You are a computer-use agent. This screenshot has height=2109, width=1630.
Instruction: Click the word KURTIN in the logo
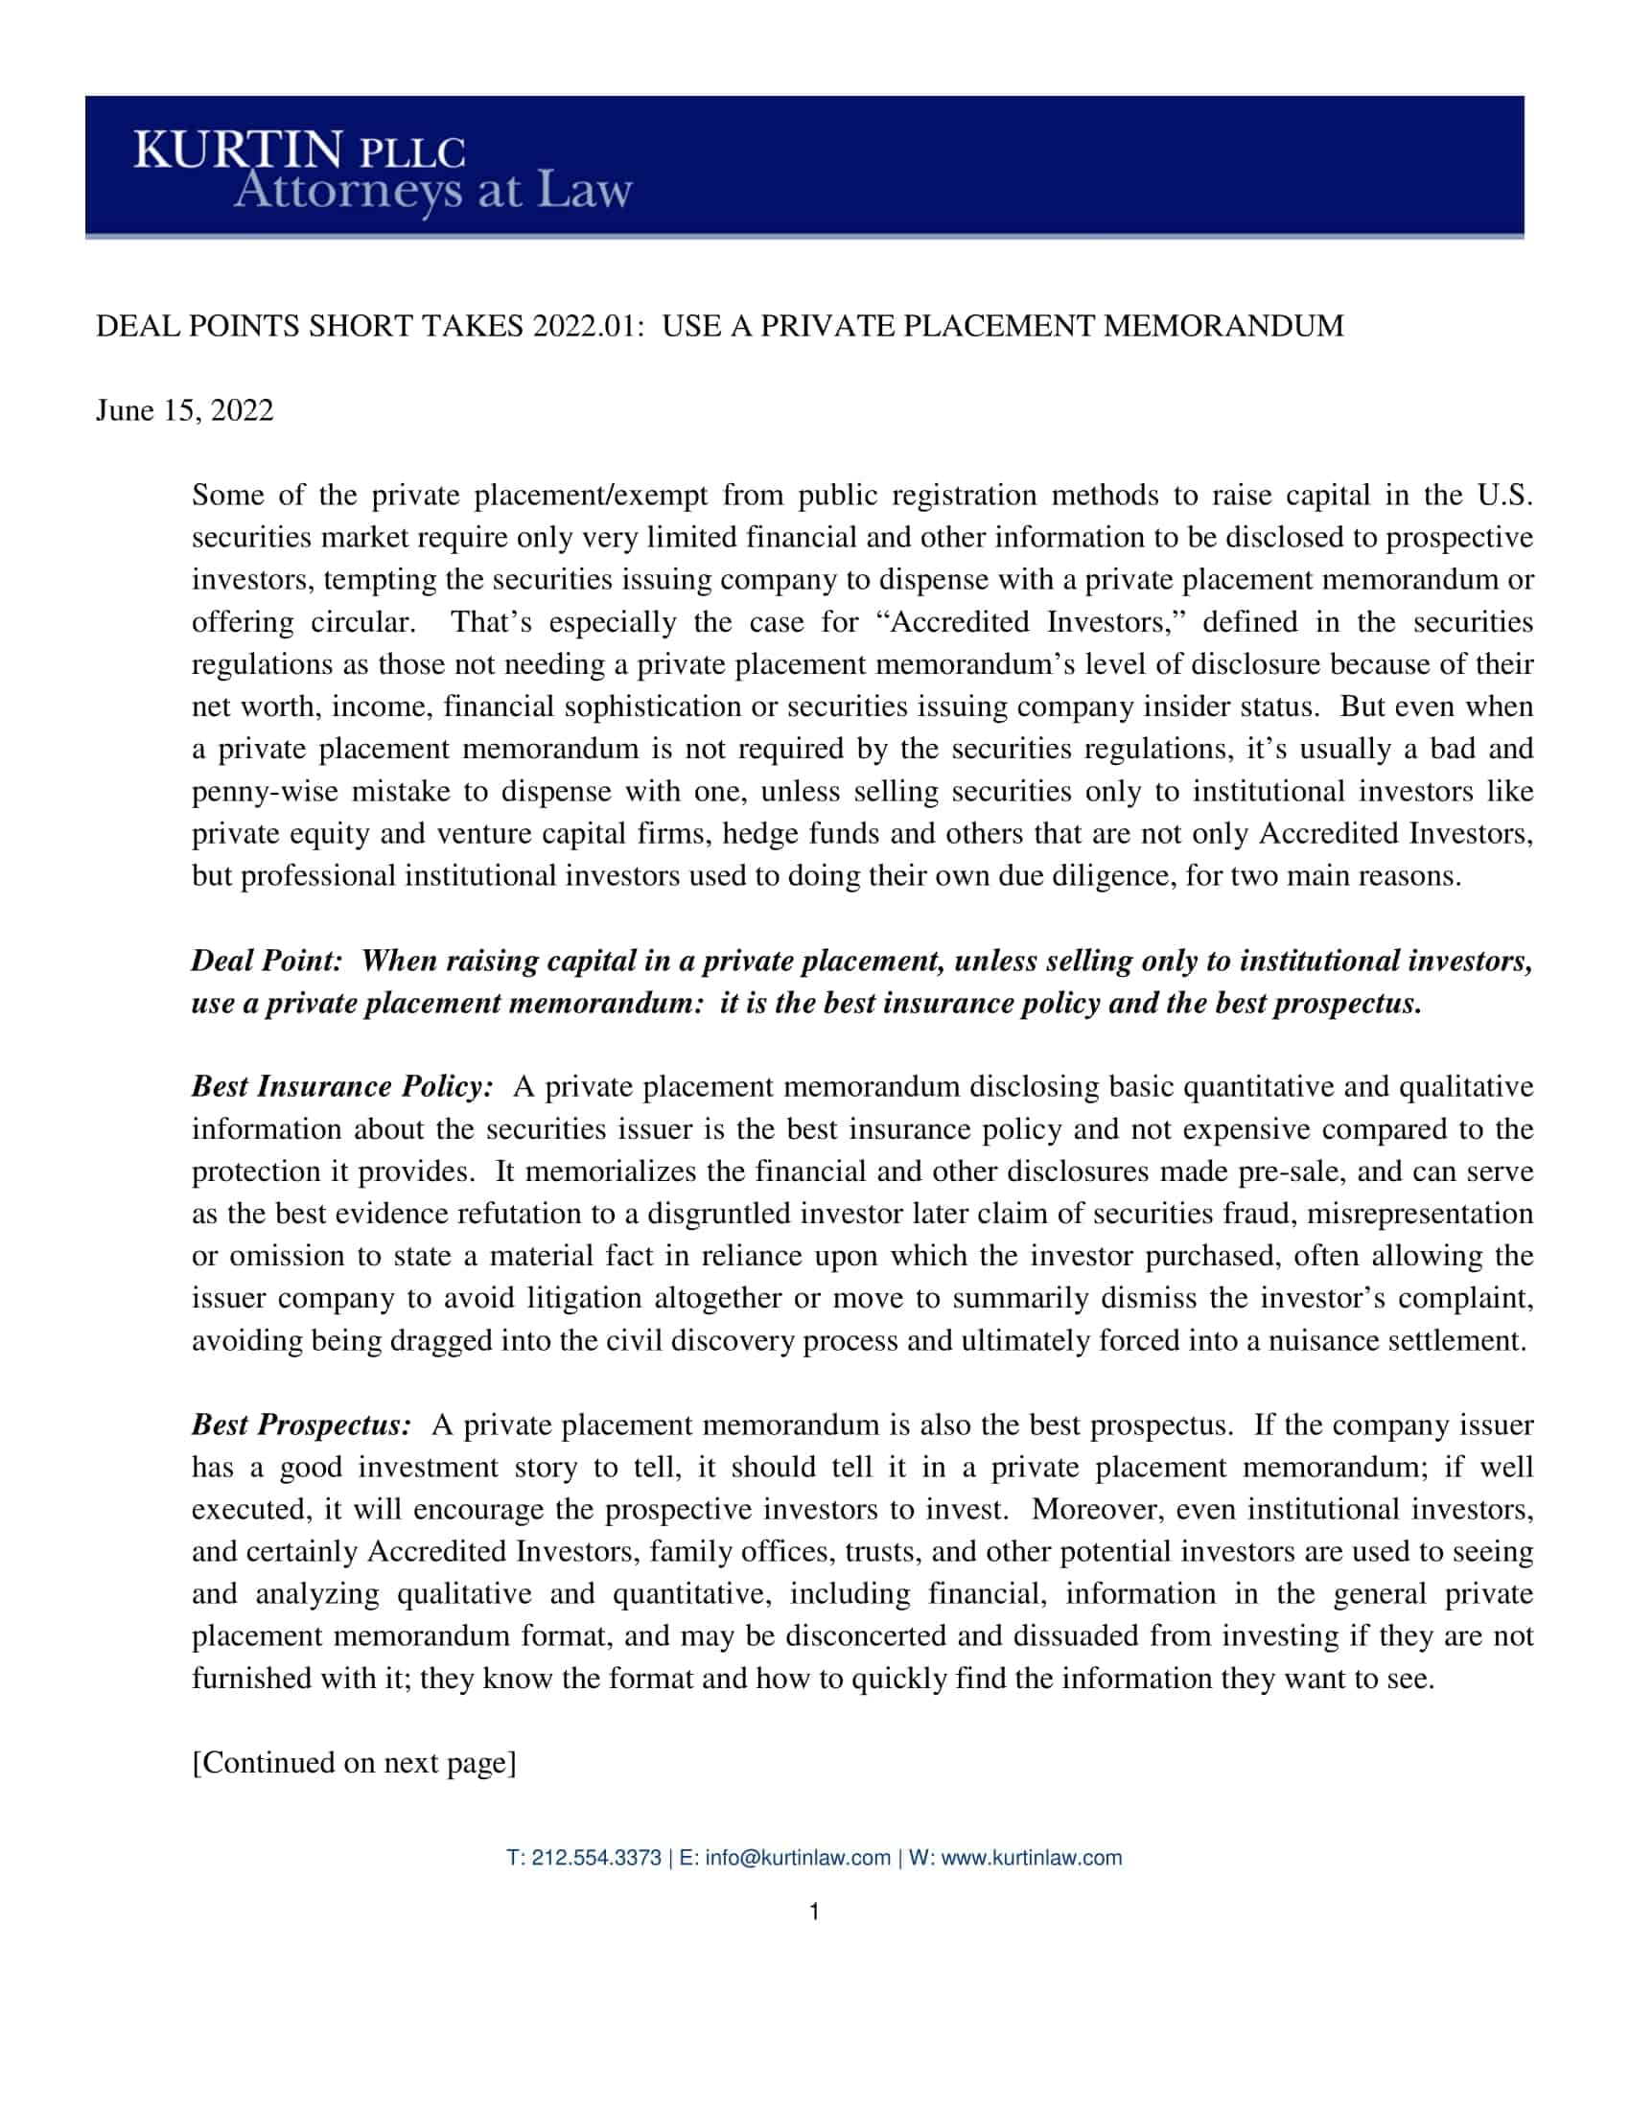coord(238,151)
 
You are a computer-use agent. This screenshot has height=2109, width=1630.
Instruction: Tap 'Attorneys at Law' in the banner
coord(432,190)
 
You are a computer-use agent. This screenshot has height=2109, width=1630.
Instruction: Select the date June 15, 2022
coord(184,410)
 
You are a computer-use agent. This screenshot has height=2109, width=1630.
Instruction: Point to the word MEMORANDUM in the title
coord(1222,326)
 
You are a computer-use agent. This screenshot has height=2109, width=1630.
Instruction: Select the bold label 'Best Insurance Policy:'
coord(342,1087)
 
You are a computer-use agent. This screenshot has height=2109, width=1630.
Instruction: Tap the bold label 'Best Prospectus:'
coord(301,1425)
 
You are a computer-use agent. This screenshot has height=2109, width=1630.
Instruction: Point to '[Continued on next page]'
coord(355,1763)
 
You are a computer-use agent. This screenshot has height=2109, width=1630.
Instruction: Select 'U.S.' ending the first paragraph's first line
coord(1504,496)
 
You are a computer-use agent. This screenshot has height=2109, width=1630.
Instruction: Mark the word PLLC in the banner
coord(412,153)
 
